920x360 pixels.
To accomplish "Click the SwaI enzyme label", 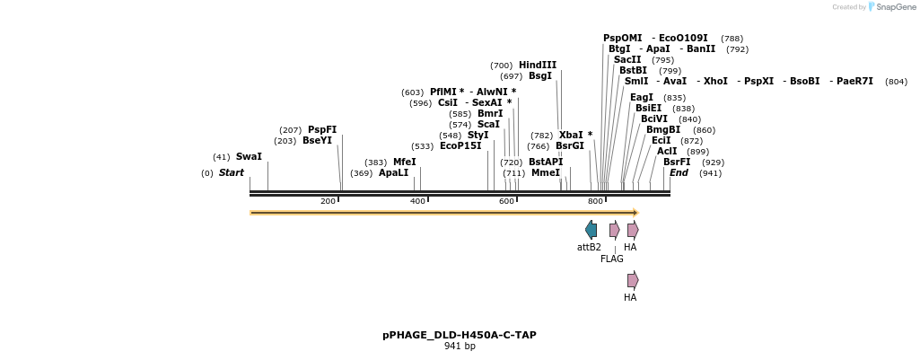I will [x=249, y=156].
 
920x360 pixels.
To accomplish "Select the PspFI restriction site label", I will [x=322, y=129].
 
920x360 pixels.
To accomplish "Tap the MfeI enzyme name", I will [x=405, y=162].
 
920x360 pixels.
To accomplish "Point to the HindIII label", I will [x=538, y=65].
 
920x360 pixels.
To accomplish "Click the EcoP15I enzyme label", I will [x=460, y=145].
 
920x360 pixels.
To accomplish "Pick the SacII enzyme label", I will [x=628, y=59].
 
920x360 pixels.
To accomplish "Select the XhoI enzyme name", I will [x=716, y=81].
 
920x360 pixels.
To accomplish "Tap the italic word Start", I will [x=232, y=172].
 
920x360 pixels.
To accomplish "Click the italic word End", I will [x=679, y=172].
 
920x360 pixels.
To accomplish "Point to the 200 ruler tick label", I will [x=328, y=201].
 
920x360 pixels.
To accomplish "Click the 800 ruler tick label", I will [x=595, y=201].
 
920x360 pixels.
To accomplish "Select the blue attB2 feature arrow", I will [x=591, y=230].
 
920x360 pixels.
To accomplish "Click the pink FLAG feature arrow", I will [x=614, y=230].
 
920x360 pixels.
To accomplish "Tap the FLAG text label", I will [x=612, y=259].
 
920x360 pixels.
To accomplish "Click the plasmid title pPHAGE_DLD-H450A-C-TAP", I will [x=460, y=335].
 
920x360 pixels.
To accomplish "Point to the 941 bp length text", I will [x=460, y=346].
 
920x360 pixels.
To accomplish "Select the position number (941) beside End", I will [x=711, y=173].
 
